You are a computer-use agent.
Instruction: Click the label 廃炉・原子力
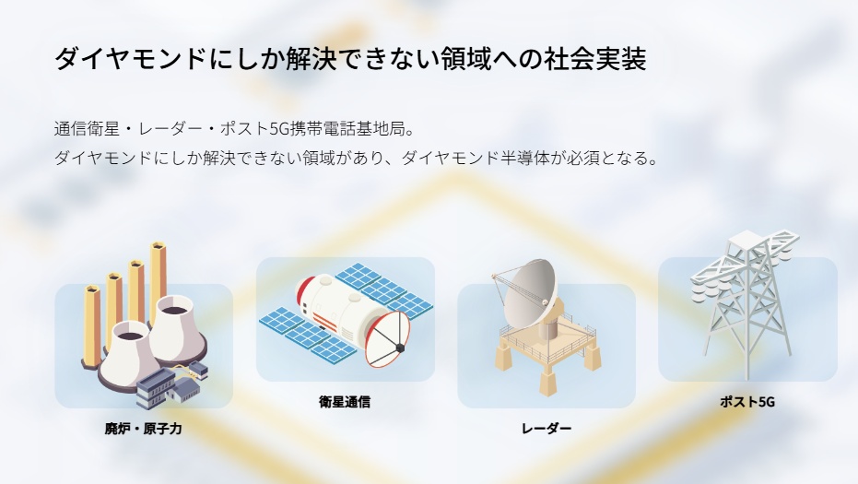[144, 428]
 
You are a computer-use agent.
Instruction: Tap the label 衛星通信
[345, 402]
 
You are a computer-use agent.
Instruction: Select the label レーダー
[547, 428]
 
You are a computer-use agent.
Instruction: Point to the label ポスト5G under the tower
[747, 402]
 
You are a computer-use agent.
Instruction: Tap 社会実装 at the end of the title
[595, 59]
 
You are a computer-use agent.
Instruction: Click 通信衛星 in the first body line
[87, 129]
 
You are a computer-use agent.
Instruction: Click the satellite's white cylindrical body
[339, 308]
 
